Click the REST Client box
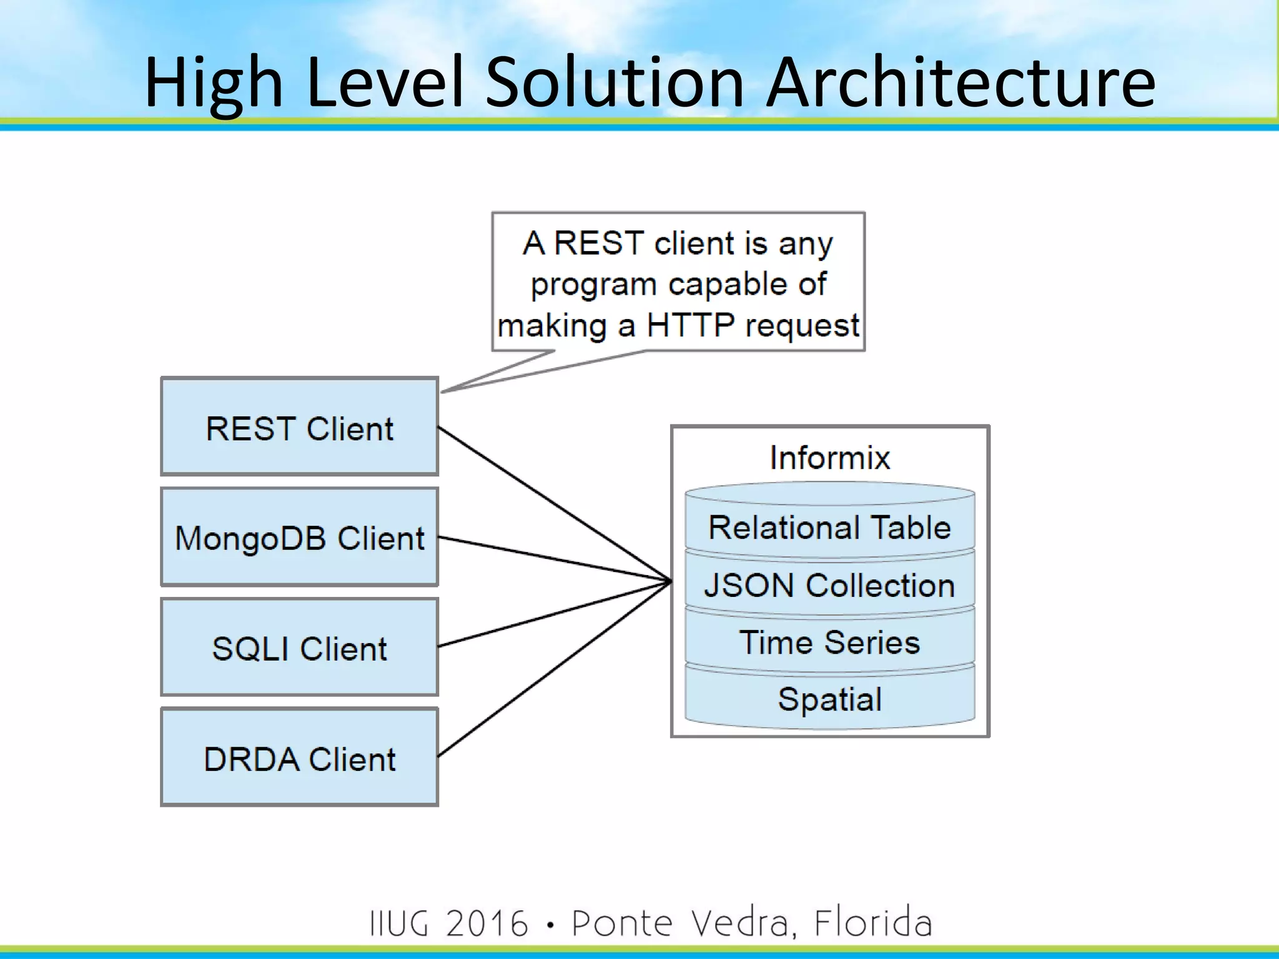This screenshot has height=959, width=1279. (299, 428)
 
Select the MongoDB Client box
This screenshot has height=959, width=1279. (299, 538)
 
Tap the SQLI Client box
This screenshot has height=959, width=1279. (299, 647)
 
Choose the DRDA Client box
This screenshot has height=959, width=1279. (299, 758)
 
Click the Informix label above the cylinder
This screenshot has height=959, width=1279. (829, 458)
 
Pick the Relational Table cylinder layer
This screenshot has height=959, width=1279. (829, 528)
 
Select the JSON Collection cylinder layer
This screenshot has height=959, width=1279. (829, 586)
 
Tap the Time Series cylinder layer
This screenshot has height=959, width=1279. (829, 642)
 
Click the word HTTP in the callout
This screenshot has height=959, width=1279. (690, 325)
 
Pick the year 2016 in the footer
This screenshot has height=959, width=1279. (487, 923)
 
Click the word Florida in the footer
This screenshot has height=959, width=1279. (872, 922)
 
